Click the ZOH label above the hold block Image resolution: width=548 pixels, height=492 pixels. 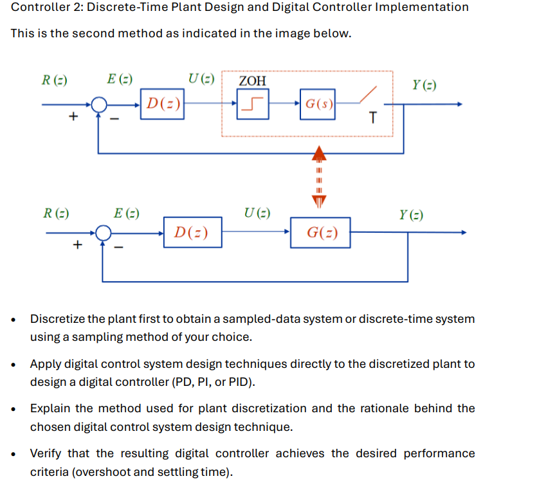click(252, 80)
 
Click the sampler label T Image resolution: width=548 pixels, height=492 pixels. click(373, 118)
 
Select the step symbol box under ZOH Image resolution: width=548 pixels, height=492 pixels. click(252, 104)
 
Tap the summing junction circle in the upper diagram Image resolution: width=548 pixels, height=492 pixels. click(98, 104)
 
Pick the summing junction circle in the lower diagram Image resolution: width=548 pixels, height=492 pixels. click(103, 233)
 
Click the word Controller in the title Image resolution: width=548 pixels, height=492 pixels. click(40, 8)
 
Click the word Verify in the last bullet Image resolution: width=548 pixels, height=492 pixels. click(46, 453)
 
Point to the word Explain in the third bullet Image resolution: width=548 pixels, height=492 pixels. click(51, 408)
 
